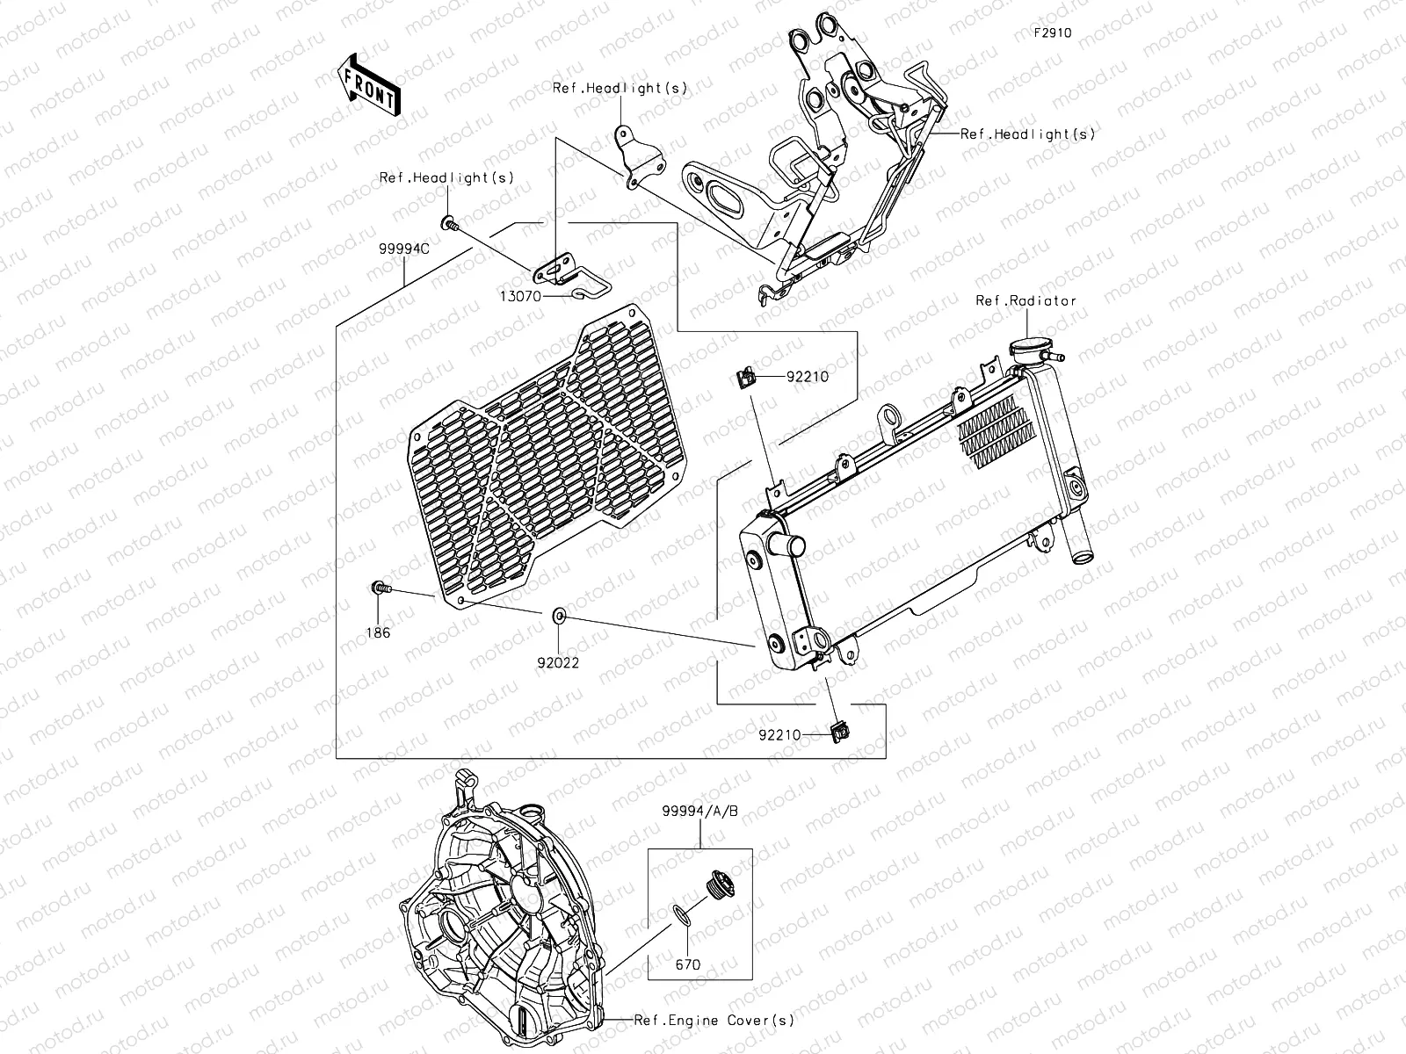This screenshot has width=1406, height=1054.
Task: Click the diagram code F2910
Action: tap(1052, 33)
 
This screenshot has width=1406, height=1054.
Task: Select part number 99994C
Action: tap(403, 249)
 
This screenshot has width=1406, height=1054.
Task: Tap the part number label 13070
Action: tap(521, 297)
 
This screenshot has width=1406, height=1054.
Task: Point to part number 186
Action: tap(380, 632)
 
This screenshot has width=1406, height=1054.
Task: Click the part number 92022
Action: tap(559, 663)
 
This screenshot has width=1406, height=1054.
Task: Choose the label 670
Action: tap(687, 964)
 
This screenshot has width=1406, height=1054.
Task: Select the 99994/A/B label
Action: tap(700, 812)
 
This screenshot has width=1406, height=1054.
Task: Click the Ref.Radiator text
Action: tap(1026, 300)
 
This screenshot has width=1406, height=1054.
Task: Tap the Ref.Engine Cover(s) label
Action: tap(714, 1020)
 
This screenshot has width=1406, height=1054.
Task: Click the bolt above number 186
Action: tap(380, 588)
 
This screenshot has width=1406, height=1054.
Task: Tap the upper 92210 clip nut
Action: tap(744, 379)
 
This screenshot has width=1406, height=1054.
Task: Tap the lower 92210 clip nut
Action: tap(839, 728)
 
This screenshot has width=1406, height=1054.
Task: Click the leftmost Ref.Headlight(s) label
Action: tap(446, 177)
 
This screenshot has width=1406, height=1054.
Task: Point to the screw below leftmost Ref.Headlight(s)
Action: tap(449, 222)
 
